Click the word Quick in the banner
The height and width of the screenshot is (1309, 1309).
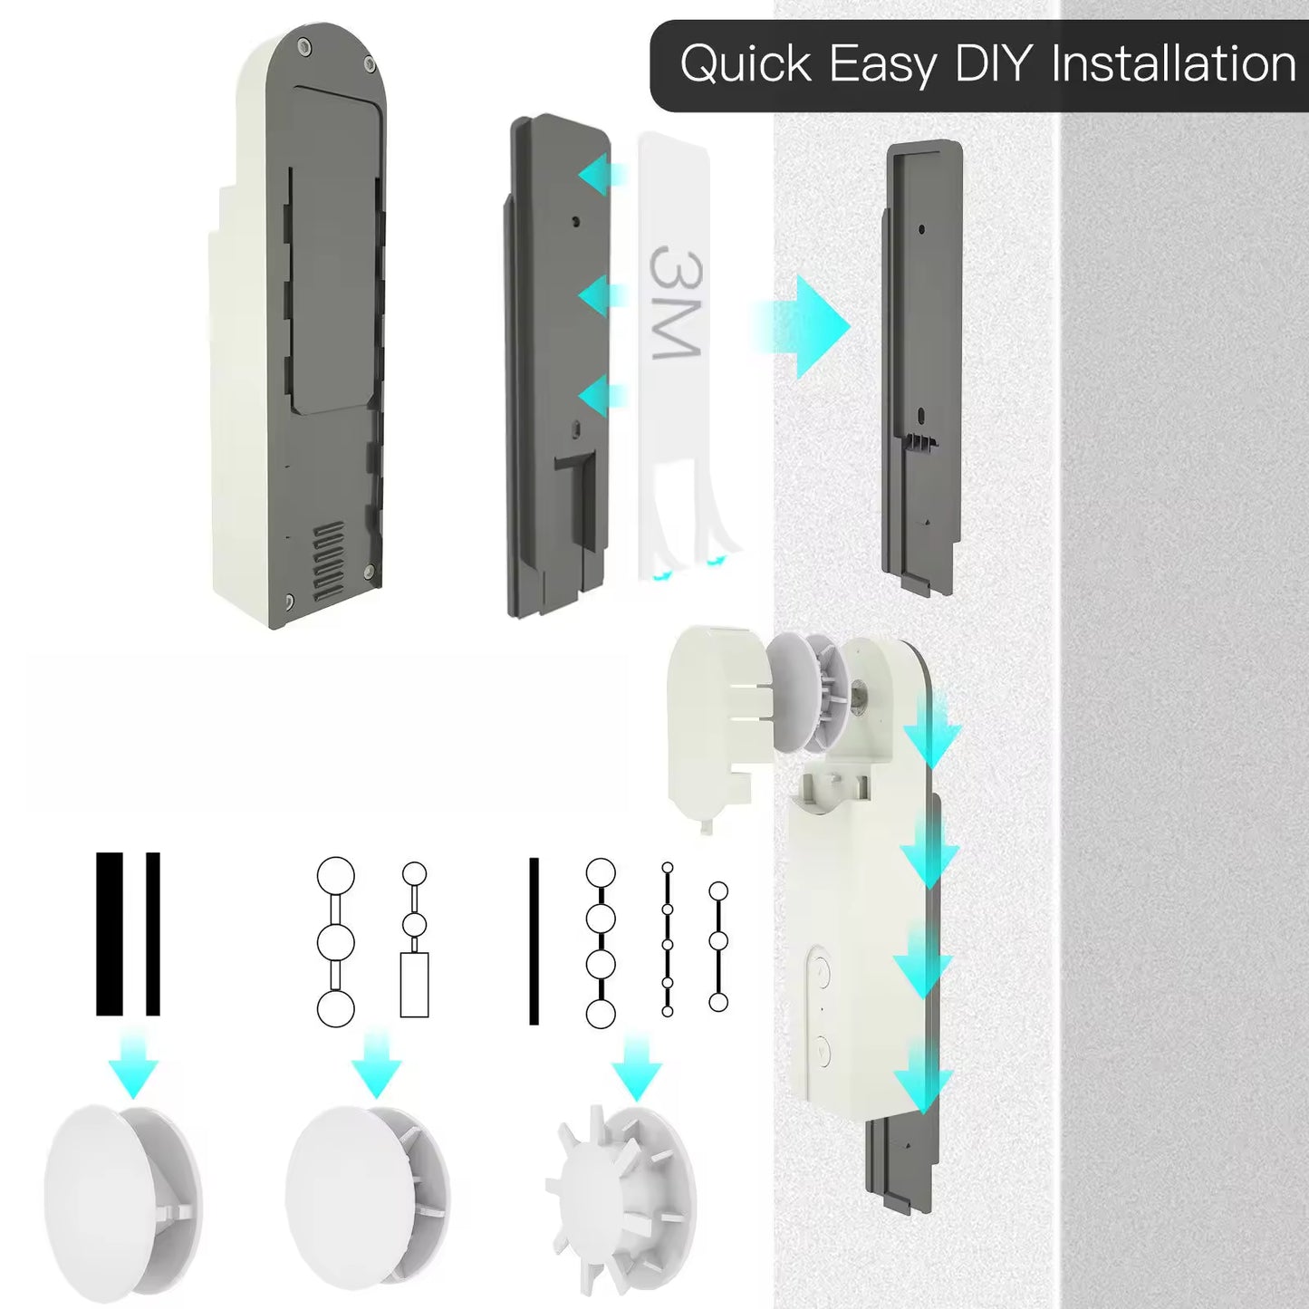click(745, 65)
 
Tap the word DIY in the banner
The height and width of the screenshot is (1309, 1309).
click(992, 65)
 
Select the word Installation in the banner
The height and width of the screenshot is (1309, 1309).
click(1173, 65)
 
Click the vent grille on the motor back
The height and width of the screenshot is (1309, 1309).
click(328, 561)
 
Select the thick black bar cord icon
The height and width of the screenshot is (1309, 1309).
click(110, 934)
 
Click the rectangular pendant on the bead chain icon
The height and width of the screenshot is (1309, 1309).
click(414, 985)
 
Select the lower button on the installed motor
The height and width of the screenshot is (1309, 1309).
click(822, 1051)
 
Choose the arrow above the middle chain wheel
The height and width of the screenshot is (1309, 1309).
click(376, 1066)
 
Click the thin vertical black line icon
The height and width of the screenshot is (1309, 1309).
click(534, 941)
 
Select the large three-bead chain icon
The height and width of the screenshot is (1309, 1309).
click(335, 942)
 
